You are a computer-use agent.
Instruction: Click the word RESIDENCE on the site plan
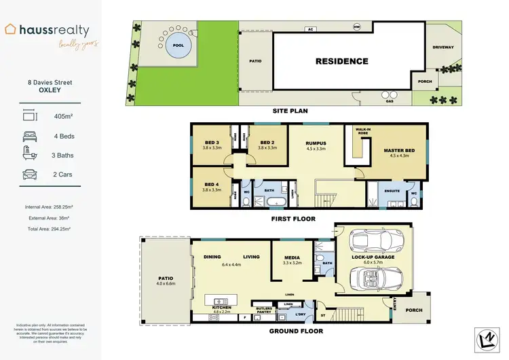click(x=341, y=61)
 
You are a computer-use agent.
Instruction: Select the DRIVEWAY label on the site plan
click(x=445, y=48)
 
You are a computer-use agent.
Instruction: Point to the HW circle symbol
click(x=356, y=27)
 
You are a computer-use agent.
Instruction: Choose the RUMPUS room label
click(x=316, y=143)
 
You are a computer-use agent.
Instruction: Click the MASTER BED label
click(x=400, y=151)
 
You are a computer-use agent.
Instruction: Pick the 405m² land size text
click(x=63, y=116)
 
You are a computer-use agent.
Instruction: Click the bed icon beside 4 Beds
click(x=29, y=136)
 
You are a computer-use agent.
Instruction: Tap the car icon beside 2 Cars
click(x=29, y=175)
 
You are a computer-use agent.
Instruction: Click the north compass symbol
click(x=484, y=339)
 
